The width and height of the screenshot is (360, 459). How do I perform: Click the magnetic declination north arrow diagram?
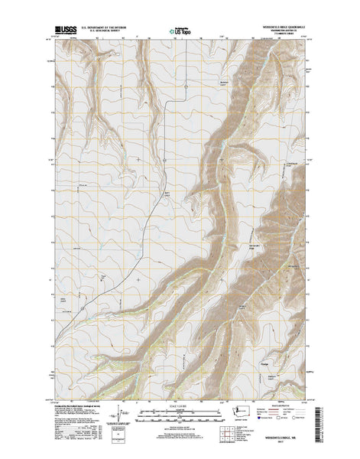[115, 413]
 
